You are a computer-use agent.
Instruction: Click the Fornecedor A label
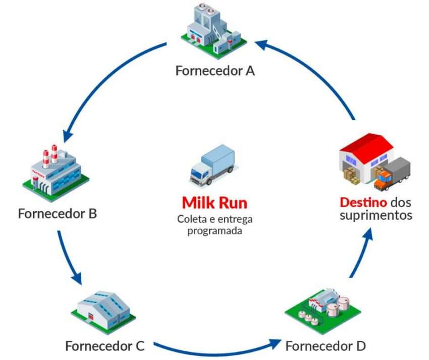pos(215,70)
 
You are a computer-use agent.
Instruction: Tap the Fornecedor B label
pos(57,213)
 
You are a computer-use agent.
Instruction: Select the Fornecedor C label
pos(105,346)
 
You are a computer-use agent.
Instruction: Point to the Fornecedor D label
pos(325,346)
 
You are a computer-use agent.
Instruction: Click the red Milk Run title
pos(215,203)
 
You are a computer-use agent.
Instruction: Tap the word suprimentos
pos(382,216)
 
